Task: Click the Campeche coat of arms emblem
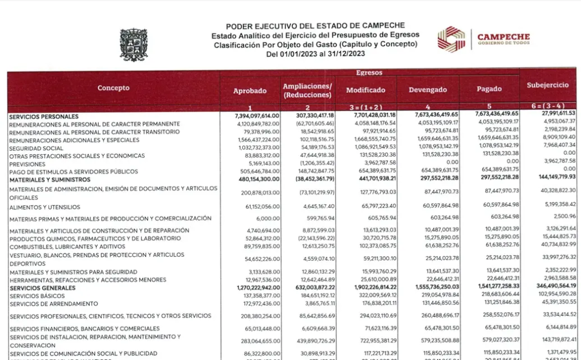click(133, 45)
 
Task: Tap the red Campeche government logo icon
click(451, 39)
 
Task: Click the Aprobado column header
click(250, 90)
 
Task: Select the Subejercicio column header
click(548, 85)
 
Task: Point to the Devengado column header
click(428, 90)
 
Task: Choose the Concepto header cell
click(113, 88)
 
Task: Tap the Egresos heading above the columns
click(369, 73)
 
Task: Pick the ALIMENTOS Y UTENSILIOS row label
click(45, 207)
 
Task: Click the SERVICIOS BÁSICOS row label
click(37, 296)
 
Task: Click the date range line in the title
click(315, 54)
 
